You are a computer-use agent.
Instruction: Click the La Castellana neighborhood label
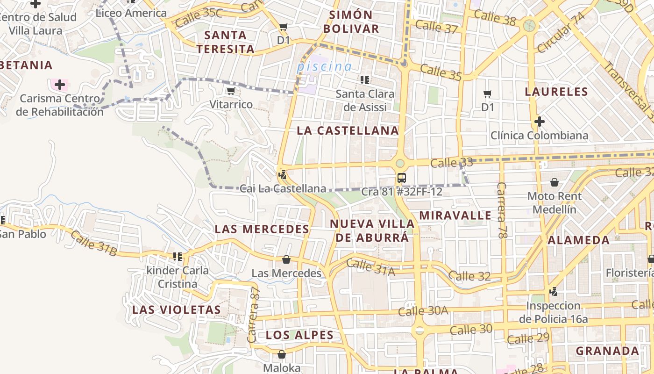[348, 131]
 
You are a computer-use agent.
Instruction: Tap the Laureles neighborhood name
[556, 92]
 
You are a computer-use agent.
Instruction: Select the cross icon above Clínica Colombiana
[540, 122]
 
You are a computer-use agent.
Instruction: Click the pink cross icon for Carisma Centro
[59, 85]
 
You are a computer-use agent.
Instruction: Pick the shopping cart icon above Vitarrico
[231, 91]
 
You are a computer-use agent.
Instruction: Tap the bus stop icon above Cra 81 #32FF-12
[401, 178]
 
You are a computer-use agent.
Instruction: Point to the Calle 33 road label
[451, 163]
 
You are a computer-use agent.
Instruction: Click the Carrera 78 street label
[502, 210]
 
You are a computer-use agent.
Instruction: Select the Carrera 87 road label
[255, 308]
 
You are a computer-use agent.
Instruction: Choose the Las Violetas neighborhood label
[176, 310]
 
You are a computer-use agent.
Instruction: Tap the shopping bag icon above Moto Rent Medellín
[554, 182]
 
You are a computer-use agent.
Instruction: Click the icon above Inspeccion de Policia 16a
[554, 292]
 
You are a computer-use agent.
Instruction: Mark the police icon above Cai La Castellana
[282, 175]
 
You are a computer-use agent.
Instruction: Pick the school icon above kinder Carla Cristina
[178, 256]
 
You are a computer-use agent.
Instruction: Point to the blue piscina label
[324, 66]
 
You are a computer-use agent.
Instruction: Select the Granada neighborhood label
[607, 351]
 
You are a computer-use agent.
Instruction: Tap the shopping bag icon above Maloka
[281, 354]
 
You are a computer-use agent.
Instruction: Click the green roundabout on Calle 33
[400, 163]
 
